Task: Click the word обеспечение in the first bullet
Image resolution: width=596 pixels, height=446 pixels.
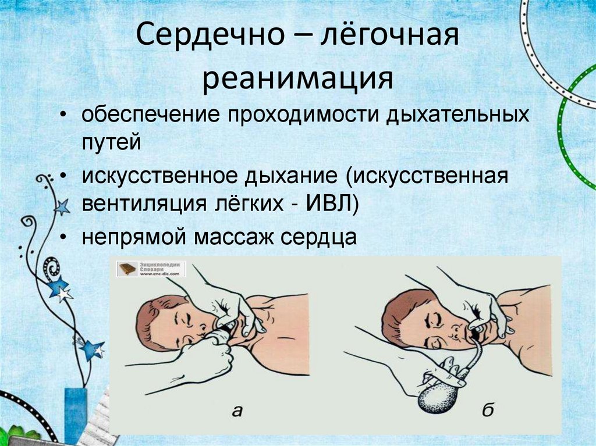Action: point(150,115)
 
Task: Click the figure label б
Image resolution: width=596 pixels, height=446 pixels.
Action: point(488,411)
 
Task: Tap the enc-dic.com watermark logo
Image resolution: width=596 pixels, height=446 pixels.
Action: point(151,269)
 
